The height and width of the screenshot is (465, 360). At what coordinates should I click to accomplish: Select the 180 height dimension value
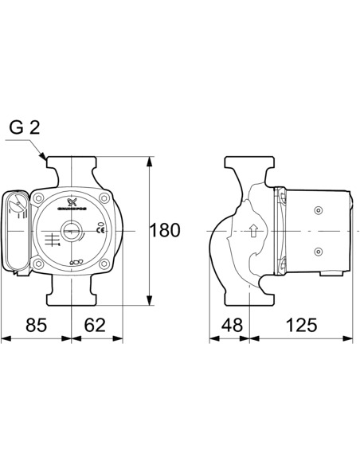pos(165,231)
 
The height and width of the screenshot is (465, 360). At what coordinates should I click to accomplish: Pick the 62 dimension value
pos(96,324)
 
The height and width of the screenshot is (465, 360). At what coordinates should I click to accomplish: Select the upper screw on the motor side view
pos(318,211)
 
